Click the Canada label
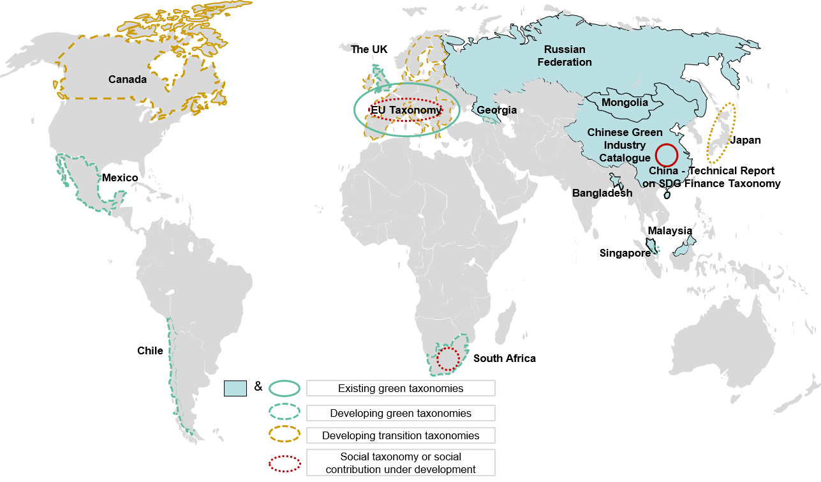[127, 80]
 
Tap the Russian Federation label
[565, 56]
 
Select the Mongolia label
[625, 102]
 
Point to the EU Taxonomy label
[407, 110]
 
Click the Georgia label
[496, 110]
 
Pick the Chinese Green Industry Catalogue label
[625, 145]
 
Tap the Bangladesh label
[602, 193]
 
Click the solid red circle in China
[667, 155]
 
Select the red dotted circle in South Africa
[448, 359]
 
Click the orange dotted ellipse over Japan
[721, 134]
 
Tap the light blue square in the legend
[235, 388]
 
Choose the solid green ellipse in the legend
[285, 388]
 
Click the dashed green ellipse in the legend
[285, 412]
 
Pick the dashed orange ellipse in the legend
[285, 434]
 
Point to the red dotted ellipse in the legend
[285, 463]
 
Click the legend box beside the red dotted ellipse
[401, 462]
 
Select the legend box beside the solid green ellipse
[401, 388]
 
